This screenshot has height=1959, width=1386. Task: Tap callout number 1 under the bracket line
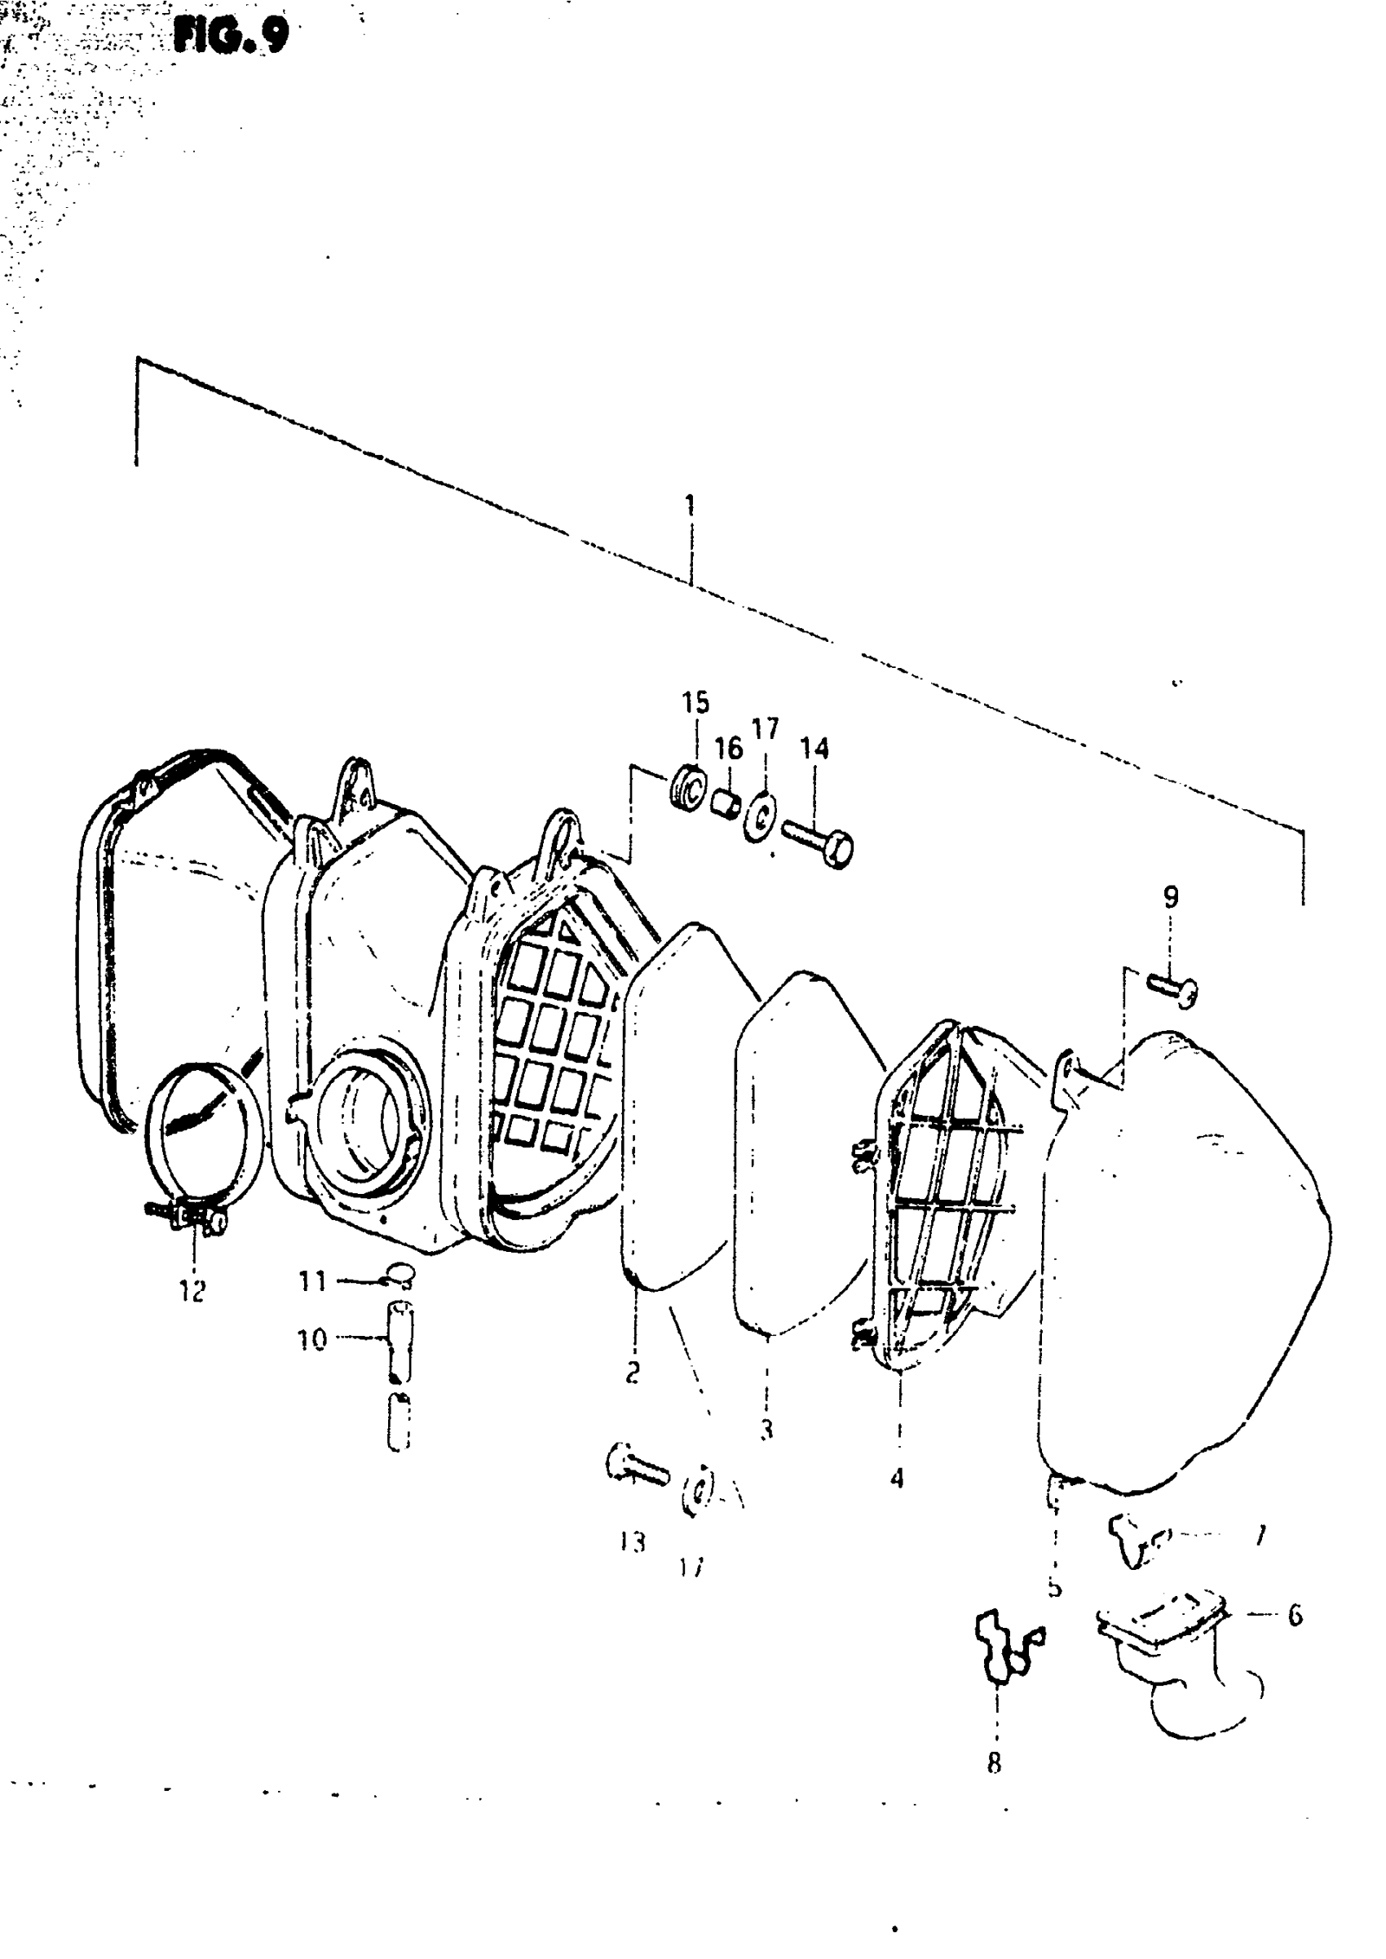coord(690,505)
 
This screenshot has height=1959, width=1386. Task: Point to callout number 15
coord(695,702)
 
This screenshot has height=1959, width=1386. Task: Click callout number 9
coord(1170,897)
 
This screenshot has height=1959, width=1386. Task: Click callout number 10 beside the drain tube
coord(311,1340)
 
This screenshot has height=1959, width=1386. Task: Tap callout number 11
coord(311,1281)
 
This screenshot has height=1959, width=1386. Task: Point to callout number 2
coord(633,1373)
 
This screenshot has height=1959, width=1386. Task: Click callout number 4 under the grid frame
coord(896,1479)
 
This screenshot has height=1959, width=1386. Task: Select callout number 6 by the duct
coord(1294,1615)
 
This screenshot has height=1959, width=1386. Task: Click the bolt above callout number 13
coord(637,1466)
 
